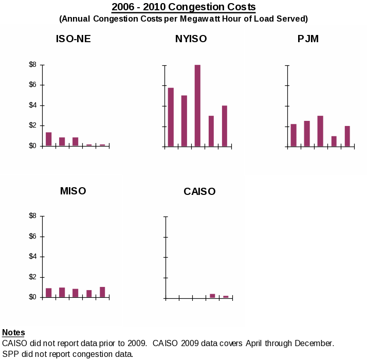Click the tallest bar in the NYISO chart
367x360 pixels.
(197, 105)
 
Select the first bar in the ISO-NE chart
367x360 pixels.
(48, 139)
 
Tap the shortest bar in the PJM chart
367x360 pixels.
(334, 141)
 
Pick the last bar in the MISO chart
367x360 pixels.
(102, 292)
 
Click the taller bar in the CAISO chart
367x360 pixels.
(212, 296)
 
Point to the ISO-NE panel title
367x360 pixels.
(74, 39)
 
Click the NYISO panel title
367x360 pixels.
(191, 39)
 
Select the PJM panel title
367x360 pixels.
(308, 39)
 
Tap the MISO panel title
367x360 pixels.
(73, 191)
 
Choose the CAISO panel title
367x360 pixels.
(199, 192)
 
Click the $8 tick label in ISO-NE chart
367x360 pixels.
(33, 65)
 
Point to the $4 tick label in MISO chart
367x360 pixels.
(33, 257)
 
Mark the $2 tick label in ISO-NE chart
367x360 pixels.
(33, 125)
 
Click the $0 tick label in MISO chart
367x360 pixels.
(33, 297)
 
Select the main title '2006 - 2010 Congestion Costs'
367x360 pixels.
(183, 7)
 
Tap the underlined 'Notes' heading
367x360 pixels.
(13, 333)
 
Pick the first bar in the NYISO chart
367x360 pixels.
(171, 117)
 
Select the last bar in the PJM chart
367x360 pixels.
(347, 136)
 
